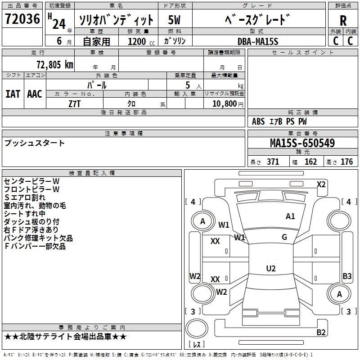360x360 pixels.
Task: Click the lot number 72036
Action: point(22,19)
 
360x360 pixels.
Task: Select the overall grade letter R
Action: point(343,21)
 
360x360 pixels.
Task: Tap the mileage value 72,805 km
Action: point(55,65)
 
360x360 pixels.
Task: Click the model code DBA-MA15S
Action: point(258,41)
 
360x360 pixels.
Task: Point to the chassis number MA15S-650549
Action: point(302,143)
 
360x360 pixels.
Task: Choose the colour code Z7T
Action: point(74,104)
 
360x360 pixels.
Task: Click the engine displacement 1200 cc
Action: point(141,41)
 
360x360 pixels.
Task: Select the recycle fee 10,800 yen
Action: point(228,104)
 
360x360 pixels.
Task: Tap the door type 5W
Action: point(174,20)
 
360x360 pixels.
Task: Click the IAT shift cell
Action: point(13,94)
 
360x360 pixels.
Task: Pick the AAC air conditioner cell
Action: point(35,94)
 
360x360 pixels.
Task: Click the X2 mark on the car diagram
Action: point(321,184)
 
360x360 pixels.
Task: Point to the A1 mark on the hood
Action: point(290,216)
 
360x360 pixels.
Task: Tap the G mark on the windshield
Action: point(284,237)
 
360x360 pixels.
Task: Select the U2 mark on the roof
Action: point(271,268)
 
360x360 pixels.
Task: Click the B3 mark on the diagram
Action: point(347,276)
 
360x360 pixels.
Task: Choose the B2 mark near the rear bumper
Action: point(321,332)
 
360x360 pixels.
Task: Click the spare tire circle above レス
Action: point(197,328)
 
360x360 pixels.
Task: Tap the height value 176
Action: point(346,162)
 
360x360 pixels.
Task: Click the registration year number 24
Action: point(59,24)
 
